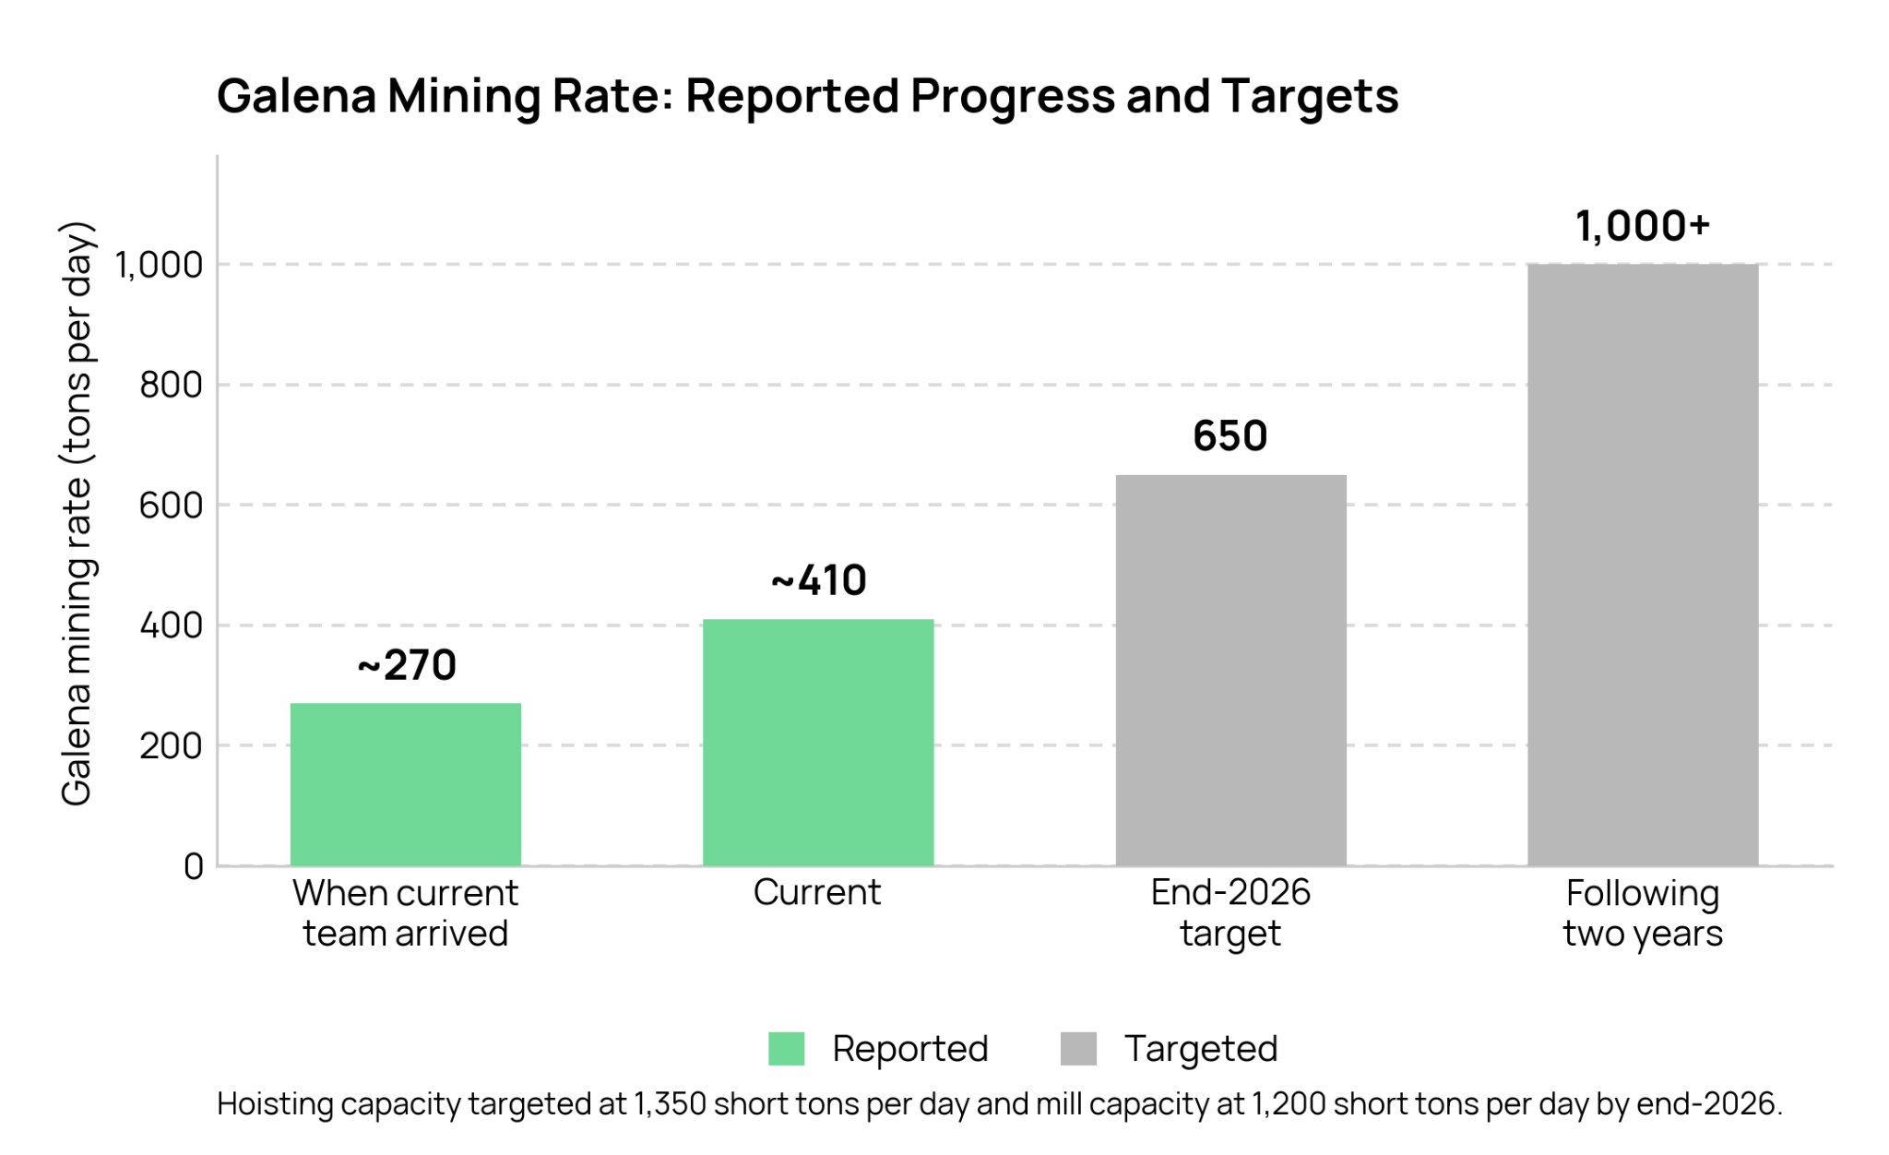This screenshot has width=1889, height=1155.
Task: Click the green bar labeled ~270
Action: pyautogui.click(x=406, y=784)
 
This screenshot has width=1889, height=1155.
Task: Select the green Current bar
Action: pyautogui.click(x=818, y=742)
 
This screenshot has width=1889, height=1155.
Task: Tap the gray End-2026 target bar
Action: pyautogui.click(x=1230, y=670)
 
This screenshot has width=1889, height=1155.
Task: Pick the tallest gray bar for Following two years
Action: pyautogui.click(x=1643, y=565)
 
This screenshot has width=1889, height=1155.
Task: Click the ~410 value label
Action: pyautogui.click(x=819, y=580)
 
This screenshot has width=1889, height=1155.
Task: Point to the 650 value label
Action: pyautogui.click(x=1230, y=435)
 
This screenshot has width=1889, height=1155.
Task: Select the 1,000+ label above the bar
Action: pyautogui.click(x=1643, y=226)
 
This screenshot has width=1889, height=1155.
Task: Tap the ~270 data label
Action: pyautogui.click(x=407, y=665)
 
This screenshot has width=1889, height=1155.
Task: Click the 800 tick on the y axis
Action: pyautogui.click(x=172, y=385)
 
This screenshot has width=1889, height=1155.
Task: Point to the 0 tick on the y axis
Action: pyautogui.click(x=194, y=866)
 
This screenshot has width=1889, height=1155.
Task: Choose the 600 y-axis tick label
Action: pyautogui.click(x=172, y=506)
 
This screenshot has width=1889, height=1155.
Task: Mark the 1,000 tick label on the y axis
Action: pyautogui.click(x=159, y=265)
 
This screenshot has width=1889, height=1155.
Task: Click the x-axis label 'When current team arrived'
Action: pyautogui.click(x=406, y=913)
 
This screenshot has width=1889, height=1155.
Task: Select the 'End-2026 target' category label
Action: pyautogui.click(x=1230, y=913)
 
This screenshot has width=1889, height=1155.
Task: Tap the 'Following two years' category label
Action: pyautogui.click(x=1643, y=913)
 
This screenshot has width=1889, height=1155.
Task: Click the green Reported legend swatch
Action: pyautogui.click(x=787, y=1049)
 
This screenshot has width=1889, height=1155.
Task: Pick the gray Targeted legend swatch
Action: pyautogui.click(x=1078, y=1049)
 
